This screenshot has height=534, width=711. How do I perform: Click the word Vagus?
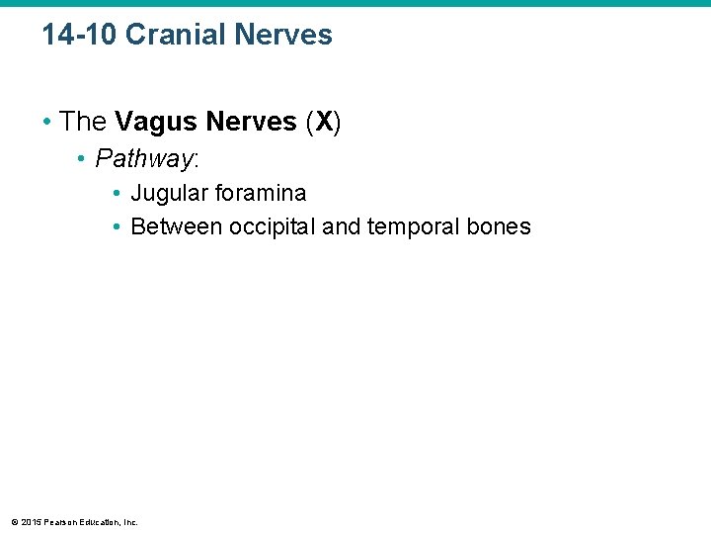(x=154, y=122)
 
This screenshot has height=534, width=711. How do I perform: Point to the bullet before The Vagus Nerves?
(x=47, y=122)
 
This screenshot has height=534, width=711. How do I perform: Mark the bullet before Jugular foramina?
(x=118, y=193)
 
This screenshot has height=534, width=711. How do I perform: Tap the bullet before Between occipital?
(x=118, y=226)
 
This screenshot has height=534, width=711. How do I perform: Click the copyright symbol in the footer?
(x=13, y=521)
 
